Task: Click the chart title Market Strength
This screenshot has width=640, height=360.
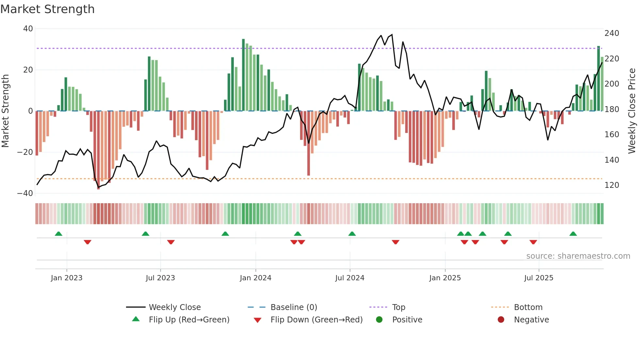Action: [47, 9]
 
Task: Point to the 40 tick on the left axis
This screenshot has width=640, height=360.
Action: [28, 29]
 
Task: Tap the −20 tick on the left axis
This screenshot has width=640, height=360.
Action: [25, 152]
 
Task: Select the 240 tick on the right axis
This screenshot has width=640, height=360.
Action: [612, 33]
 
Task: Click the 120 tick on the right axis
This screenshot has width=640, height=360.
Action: [612, 185]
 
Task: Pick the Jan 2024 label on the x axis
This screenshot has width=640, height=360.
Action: [255, 278]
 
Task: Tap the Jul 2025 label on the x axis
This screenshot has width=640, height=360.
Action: [538, 278]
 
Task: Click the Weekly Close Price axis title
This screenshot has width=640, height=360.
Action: [632, 111]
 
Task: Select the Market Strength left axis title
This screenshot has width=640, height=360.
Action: [6, 111]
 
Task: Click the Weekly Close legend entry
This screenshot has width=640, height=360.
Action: [174, 307]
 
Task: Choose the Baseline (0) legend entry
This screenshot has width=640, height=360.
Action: [294, 307]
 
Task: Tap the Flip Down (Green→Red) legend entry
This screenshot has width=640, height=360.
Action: [316, 320]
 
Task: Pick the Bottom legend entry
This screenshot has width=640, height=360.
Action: [528, 307]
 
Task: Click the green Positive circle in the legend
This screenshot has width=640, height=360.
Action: [379, 320]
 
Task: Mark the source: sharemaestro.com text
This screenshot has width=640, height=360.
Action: [578, 256]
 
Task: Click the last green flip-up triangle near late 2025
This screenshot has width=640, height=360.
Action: [573, 234]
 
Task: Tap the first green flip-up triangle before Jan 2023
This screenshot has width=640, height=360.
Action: [58, 234]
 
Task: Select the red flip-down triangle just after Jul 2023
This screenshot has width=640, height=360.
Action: [171, 242]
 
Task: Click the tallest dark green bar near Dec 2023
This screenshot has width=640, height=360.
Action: [243, 75]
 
